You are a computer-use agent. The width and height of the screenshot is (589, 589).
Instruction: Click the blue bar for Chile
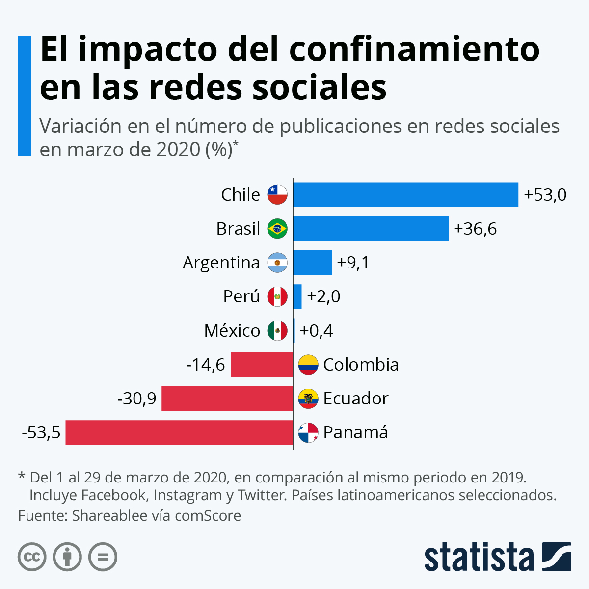405,195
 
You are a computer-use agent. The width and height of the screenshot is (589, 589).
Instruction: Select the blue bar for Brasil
371,229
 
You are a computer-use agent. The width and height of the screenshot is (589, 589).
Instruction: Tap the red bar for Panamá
179,432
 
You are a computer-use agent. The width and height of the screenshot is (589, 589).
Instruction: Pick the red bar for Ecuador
227,399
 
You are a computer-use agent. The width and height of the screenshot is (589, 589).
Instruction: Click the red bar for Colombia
262,365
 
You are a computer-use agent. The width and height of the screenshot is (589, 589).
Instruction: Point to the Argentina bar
312,263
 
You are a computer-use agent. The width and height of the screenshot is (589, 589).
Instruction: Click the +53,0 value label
545,195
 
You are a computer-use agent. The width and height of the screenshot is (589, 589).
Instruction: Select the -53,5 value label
41,432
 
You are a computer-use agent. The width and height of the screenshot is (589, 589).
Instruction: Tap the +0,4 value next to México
316,331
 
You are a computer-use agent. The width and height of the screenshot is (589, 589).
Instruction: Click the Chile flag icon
277,195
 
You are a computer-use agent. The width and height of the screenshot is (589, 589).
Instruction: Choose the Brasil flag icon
277,229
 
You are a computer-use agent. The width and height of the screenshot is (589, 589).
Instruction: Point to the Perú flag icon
277,296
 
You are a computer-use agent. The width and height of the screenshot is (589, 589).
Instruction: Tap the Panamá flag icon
308,432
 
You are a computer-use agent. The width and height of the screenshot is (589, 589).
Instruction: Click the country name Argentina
221,263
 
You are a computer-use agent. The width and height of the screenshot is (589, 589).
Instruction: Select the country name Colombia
361,365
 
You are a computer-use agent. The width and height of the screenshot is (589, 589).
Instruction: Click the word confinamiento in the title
414,49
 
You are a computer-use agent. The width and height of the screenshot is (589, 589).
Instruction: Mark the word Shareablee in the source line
109,516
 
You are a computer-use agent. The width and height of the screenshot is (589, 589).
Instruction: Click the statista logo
497,557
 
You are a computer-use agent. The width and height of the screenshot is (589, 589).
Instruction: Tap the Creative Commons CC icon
32,557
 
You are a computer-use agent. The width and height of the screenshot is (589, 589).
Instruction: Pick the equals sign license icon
103,557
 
